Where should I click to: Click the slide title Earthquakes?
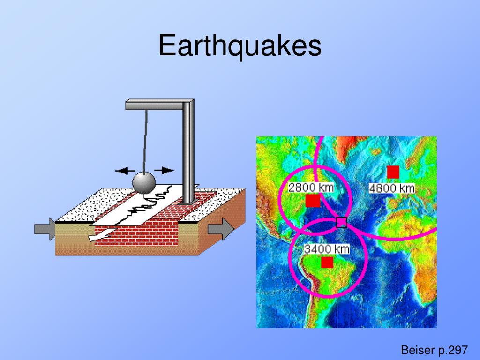pos(240,46)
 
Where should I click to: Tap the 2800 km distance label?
pos(311,187)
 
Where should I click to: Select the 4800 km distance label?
pos(392,188)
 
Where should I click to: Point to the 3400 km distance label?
pos(327,249)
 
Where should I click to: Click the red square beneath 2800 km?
pos(313,201)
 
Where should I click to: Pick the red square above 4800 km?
pos(393,172)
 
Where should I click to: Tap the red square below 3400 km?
pos(327,262)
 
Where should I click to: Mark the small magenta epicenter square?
pos(341,222)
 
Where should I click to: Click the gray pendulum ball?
pos(144,183)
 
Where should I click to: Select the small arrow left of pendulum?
pos(125,171)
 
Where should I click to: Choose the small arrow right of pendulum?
pos(164,170)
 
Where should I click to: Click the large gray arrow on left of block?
pos(45,229)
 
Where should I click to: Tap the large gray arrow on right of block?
pos(221,229)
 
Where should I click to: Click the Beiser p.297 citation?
pos(434,350)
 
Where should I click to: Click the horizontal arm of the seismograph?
pos(159,105)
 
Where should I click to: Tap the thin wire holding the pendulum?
pos(145,141)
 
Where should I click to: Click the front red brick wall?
pos(136,235)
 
